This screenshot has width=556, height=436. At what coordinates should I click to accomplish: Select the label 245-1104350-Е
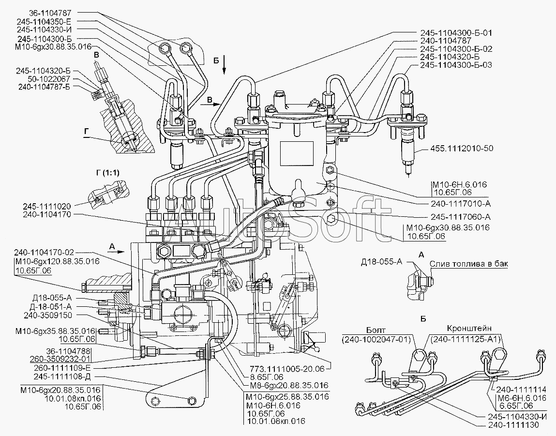pos(43,21)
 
